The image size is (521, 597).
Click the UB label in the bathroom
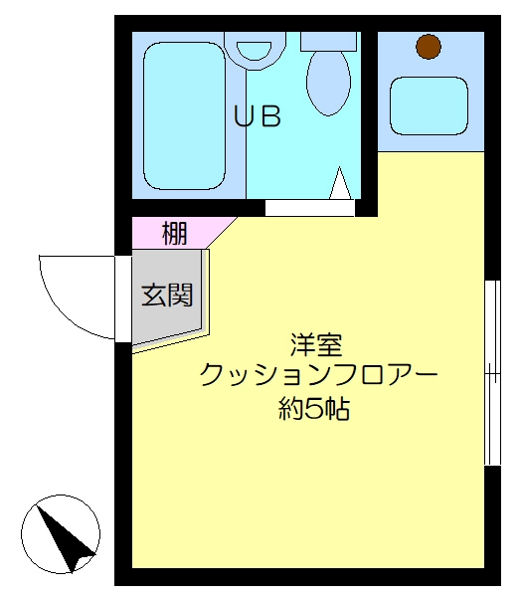coord(258,115)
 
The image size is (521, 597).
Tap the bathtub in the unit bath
coord(185,115)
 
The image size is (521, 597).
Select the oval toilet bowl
coord(328,83)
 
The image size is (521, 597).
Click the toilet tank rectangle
coord(328,42)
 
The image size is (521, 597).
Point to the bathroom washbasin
coord(255,50)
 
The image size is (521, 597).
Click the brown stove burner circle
coord(429,47)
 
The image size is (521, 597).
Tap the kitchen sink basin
coord(429,105)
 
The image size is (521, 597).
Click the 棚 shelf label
coord(175,233)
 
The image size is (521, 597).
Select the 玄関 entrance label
coord(167,295)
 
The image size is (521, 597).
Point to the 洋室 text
coord(316,344)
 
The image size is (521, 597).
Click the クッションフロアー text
coord(319,375)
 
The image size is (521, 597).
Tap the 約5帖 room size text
coord(314,408)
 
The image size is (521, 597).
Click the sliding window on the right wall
coord(492,373)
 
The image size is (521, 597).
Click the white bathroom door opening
coord(310,208)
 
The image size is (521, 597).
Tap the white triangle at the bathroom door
coord(340,183)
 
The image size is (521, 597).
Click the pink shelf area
coord(179,233)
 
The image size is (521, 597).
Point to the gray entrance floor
coord(166,297)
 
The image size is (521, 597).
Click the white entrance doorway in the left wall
coord(123,298)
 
